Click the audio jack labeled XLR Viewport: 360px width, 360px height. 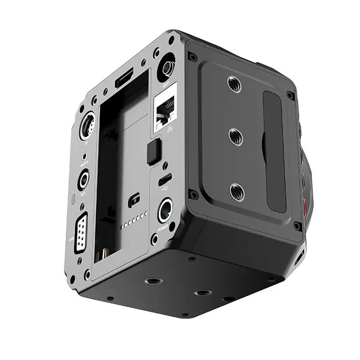tap(84, 179)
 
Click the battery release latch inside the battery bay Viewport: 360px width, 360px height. tap(133, 200)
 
